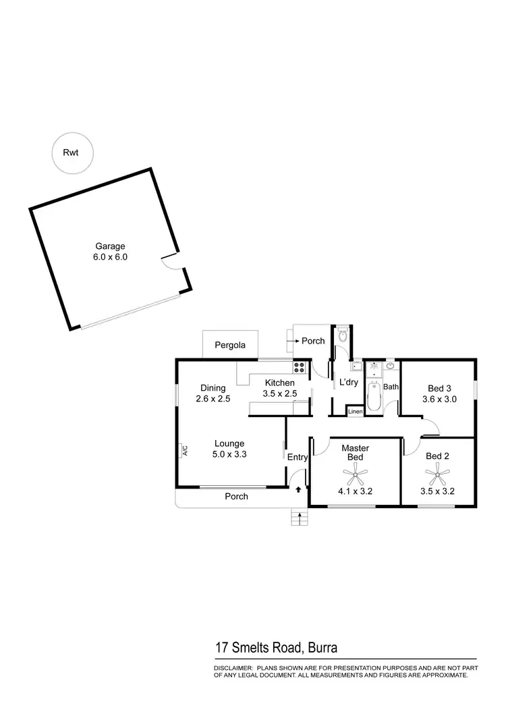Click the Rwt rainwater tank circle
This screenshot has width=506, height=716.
[71, 153]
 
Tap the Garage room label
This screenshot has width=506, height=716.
[110, 246]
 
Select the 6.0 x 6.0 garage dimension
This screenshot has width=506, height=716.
[110, 257]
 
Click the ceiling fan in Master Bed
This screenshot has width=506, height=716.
[355, 476]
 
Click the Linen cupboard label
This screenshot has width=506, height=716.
[355, 411]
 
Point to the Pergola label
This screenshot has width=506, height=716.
[230, 345]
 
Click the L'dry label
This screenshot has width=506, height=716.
[349, 382]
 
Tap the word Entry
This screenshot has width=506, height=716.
[298, 458]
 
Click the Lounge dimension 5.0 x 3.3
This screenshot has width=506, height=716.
[229, 454]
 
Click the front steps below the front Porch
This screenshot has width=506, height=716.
[298, 518]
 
